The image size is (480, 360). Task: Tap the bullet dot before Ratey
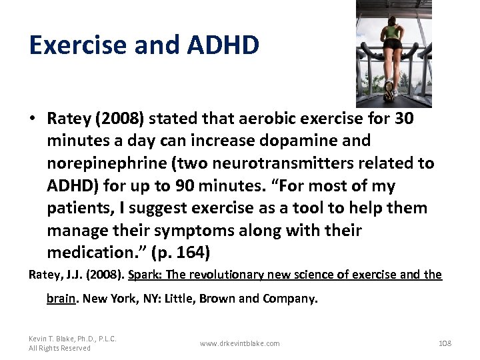33,119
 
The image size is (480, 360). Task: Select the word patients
78,208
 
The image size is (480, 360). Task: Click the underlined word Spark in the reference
143,275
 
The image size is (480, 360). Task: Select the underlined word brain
61,299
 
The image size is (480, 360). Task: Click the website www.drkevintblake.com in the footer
240,343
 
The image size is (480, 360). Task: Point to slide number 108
445,343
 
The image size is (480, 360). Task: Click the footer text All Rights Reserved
59,348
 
